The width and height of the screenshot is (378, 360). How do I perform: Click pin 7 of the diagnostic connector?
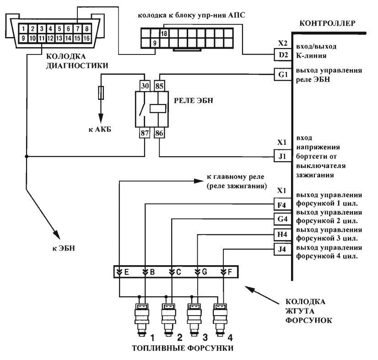(77, 29)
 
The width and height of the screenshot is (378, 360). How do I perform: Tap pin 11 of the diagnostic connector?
(42, 38)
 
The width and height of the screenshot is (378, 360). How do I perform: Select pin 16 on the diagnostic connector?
(86, 38)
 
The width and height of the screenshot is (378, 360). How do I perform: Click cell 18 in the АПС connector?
(164, 33)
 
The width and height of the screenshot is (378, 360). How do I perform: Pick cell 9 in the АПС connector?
(155, 43)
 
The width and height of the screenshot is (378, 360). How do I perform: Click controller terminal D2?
(283, 55)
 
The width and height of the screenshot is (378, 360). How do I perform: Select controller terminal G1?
(283, 74)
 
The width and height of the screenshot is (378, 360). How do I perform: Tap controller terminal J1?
(282, 156)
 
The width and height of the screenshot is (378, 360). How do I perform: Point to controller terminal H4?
(282, 235)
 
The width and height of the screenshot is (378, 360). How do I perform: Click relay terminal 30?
(145, 86)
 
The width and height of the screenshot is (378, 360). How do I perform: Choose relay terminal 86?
(159, 133)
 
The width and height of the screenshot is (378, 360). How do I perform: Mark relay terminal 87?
(145, 133)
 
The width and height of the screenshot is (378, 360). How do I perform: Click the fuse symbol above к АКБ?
(101, 93)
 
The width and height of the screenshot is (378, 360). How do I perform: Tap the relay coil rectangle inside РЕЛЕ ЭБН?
(158, 109)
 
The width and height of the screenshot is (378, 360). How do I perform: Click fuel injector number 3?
(194, 319)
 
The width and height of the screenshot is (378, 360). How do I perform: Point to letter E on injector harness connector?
(127, 272)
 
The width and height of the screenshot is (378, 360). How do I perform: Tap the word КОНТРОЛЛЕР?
(327, 23)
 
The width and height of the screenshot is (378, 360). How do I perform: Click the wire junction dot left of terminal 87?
(27, 157)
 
